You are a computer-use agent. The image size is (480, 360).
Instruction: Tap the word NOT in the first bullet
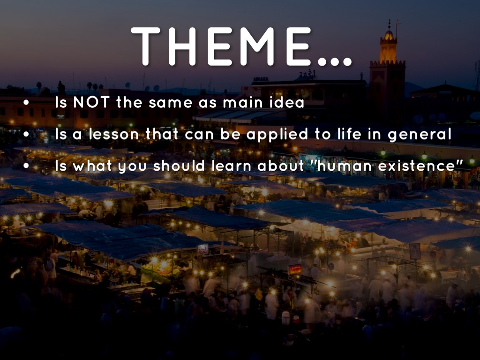[91, 102]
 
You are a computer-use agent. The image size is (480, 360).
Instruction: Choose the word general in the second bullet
[420, 135]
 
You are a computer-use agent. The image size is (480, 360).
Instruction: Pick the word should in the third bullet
[179, 166]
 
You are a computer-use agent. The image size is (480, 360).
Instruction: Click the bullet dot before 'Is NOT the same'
[26, 103]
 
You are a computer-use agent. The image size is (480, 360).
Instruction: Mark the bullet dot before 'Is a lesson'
[26, 134]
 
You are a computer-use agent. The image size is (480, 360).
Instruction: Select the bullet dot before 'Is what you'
[26, 166]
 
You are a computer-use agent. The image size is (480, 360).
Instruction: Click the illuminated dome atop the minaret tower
[389, 35]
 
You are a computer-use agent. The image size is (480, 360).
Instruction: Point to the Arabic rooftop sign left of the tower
[307, 75]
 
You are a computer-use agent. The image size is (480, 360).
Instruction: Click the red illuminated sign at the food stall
[295, 270]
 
